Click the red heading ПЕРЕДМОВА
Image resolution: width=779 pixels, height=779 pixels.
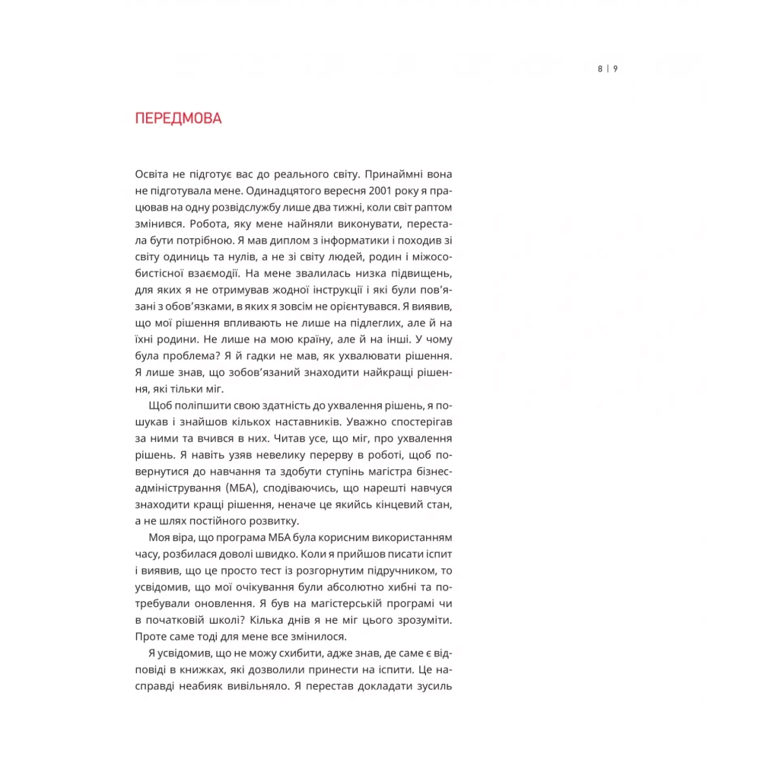178,119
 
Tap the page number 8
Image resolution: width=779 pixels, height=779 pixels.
599,69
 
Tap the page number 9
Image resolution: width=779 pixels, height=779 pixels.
615,69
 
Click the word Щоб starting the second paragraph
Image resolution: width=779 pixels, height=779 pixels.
161,405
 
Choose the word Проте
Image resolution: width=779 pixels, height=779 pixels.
150,636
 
